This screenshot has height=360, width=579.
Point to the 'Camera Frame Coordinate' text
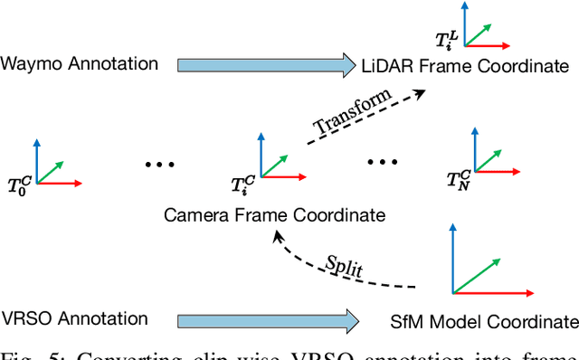click(274, 215)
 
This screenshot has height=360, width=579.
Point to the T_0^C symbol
click(17, 189)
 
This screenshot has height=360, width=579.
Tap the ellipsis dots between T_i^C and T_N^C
click(381, 161)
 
